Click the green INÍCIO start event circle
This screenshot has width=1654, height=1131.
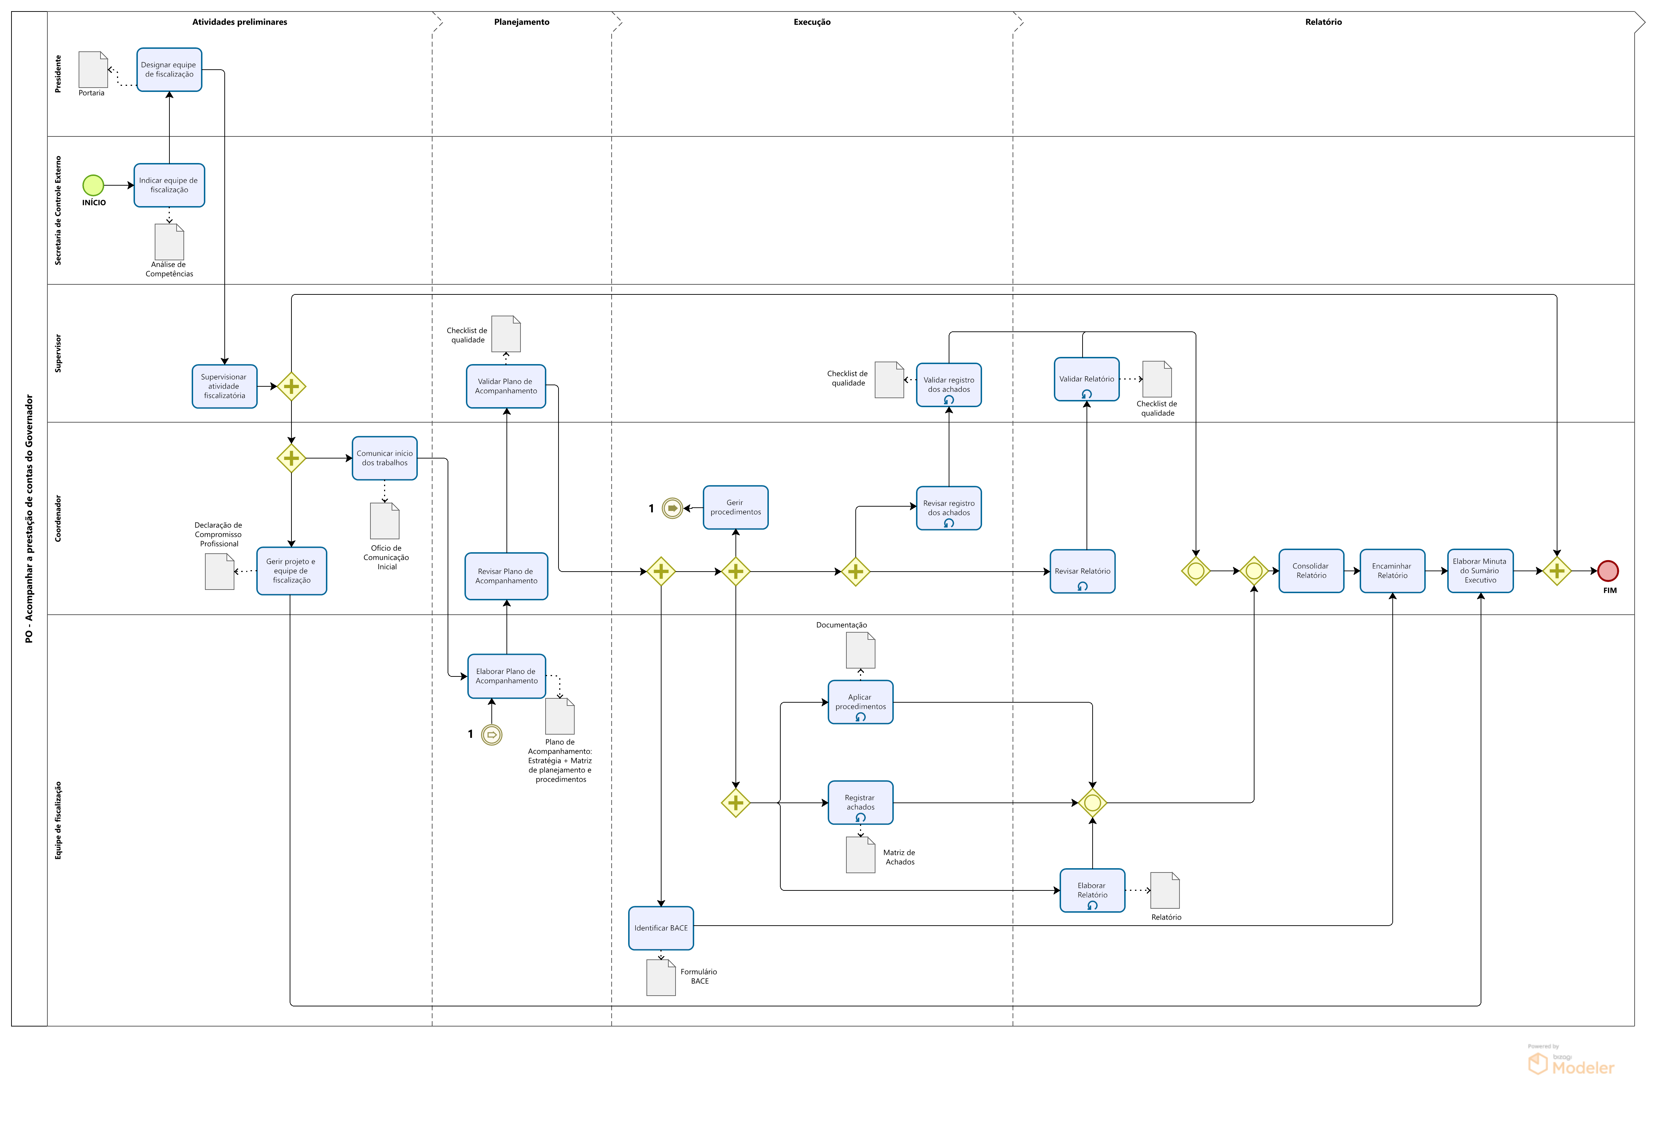coord(93,185)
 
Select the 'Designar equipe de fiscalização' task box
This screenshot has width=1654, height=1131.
coord(169,70)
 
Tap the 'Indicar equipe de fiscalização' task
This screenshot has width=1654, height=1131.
coord(169,185)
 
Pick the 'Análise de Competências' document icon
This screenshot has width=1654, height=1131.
coord(169,242)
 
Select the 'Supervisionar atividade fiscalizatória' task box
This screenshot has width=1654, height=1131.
coord(224,386)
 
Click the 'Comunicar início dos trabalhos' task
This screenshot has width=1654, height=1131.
coord(384,459)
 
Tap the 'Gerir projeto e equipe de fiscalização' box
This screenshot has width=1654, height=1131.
coord(292,571)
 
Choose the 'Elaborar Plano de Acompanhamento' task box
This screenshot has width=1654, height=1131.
coord(507,676)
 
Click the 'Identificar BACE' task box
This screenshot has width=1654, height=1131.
coord(661,928)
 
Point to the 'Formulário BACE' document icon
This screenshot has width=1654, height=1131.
coord(661,978)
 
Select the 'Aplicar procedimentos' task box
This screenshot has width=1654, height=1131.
coord(860,703)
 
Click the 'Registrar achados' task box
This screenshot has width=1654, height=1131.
coord(860,803)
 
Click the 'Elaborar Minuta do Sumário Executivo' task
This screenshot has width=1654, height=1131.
coord(1480,571)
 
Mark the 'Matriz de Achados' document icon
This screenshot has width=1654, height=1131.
coord(860,855)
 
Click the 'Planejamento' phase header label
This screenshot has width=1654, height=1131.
coord(522,22)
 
